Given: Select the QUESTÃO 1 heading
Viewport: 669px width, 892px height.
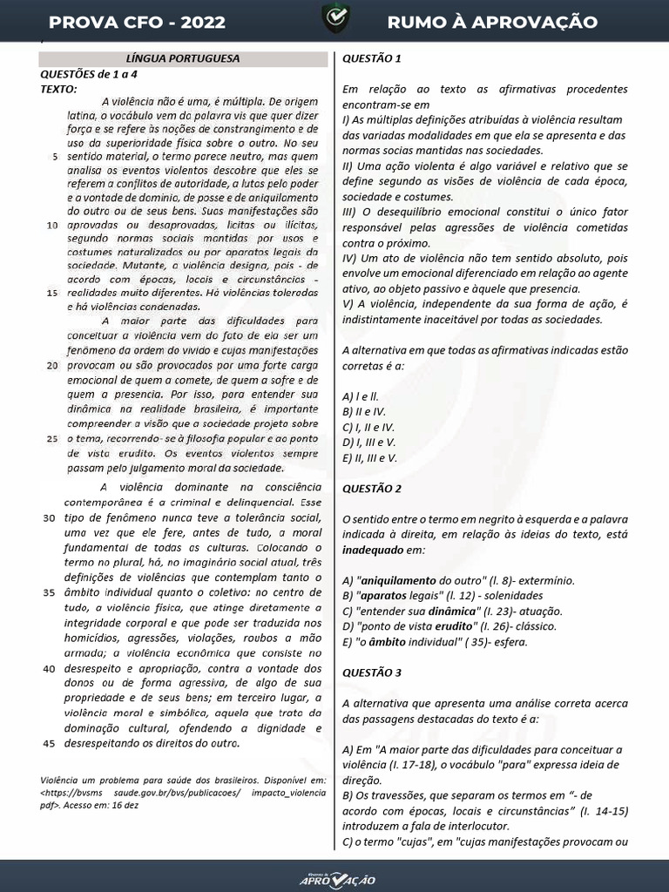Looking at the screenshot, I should tap(372, 59).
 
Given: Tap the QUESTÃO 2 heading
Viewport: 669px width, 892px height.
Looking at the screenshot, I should tap(372, 488).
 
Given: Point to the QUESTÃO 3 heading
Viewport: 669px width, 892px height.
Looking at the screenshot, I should tap(372, 672).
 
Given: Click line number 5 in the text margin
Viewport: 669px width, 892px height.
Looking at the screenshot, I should tap(56, 157).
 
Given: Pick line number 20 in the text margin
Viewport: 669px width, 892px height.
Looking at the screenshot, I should tap(52, 365).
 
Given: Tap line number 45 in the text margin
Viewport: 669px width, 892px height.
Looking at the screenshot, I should tap(49, 744).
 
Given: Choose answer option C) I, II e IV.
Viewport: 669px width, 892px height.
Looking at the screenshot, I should tap(368, 427).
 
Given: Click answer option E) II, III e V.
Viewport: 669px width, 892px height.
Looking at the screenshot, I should tap(370, 457).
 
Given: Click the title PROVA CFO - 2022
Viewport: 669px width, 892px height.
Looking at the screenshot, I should tap(137, 22).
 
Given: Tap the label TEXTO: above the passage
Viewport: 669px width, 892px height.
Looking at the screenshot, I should tap(58, 89).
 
